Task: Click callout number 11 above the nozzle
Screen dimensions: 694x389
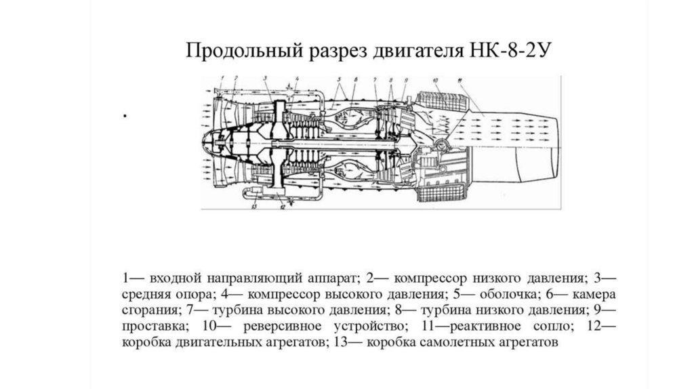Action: pos(461,81)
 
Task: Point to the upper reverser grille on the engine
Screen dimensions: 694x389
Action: pos(447,101)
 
